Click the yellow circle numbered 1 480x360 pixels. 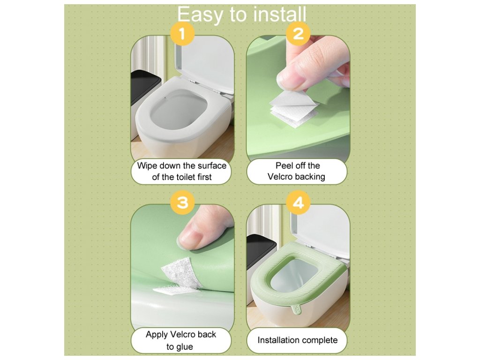pos(182,33)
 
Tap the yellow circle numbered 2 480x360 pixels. pos(298,33)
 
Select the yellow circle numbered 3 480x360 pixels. pos(182,202)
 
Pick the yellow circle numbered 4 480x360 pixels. pos(298,202)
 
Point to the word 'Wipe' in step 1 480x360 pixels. pos(147,166)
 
